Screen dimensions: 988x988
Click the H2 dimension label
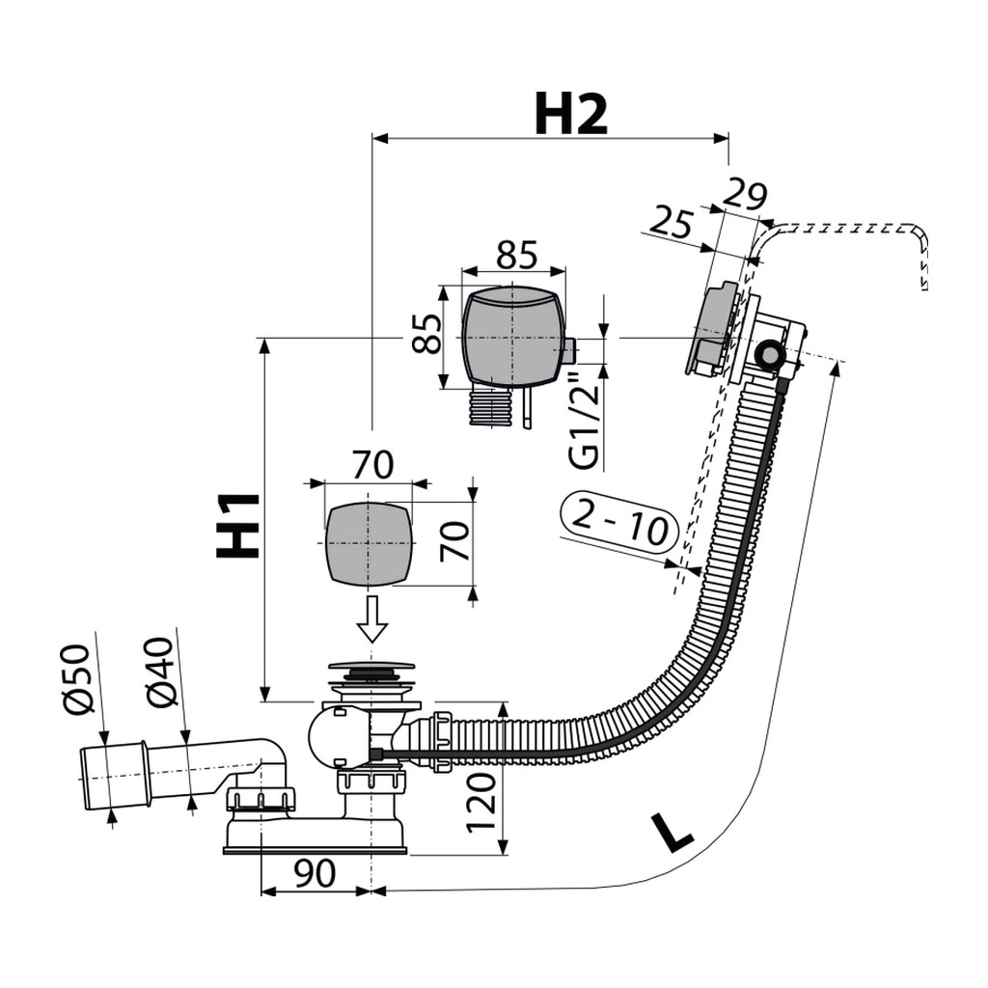[x=571, y=114]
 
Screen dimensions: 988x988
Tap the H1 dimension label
[x=238, y=526]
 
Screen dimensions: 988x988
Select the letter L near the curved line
[x=672, y=833]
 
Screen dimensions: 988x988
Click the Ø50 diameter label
[x=79, y=679]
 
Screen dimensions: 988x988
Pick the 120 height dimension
[x=482, y=803]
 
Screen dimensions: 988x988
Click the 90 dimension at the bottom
[x=315, y=872]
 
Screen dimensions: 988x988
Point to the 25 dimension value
[x=671, y=221]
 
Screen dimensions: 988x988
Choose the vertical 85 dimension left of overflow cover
[x=426, y=333]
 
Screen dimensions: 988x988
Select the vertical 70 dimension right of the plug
[x=455, y=541]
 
